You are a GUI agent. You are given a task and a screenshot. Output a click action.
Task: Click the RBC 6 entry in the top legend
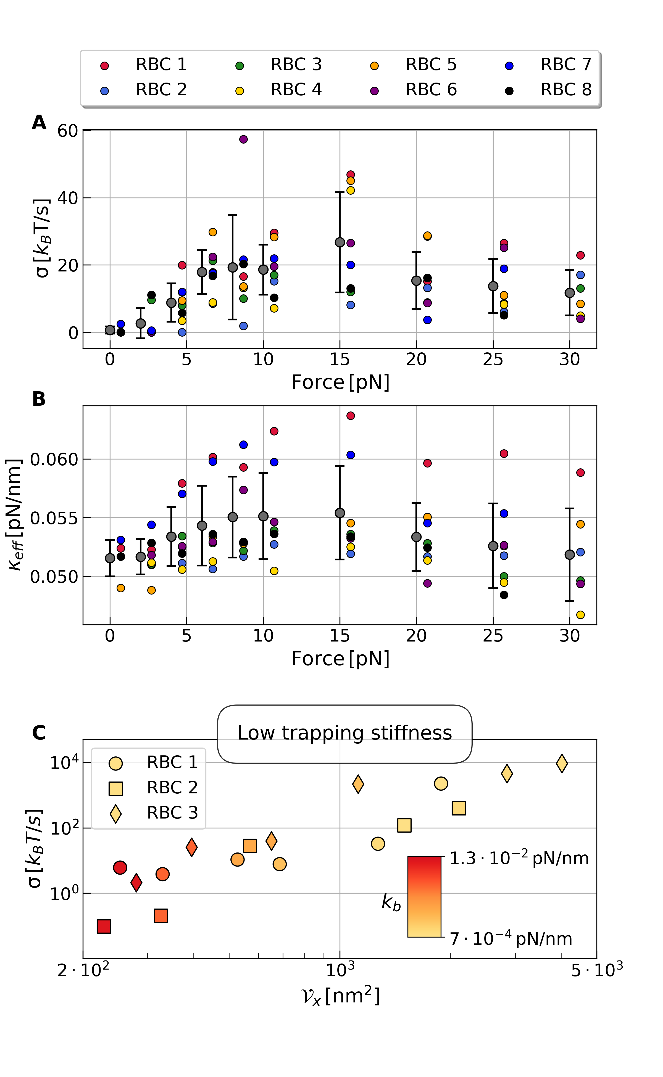431,90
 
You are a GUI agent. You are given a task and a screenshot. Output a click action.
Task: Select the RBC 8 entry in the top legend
566,90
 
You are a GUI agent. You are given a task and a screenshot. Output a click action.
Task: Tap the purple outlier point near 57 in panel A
243,139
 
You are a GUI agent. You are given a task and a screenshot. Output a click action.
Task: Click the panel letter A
39,123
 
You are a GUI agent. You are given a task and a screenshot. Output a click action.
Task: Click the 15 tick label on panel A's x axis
340,360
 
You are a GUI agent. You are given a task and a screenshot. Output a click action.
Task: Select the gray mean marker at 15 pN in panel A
340,242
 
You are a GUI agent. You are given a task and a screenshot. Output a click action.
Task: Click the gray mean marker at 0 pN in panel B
110,558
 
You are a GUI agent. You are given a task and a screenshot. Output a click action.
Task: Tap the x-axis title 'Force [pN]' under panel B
340,659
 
